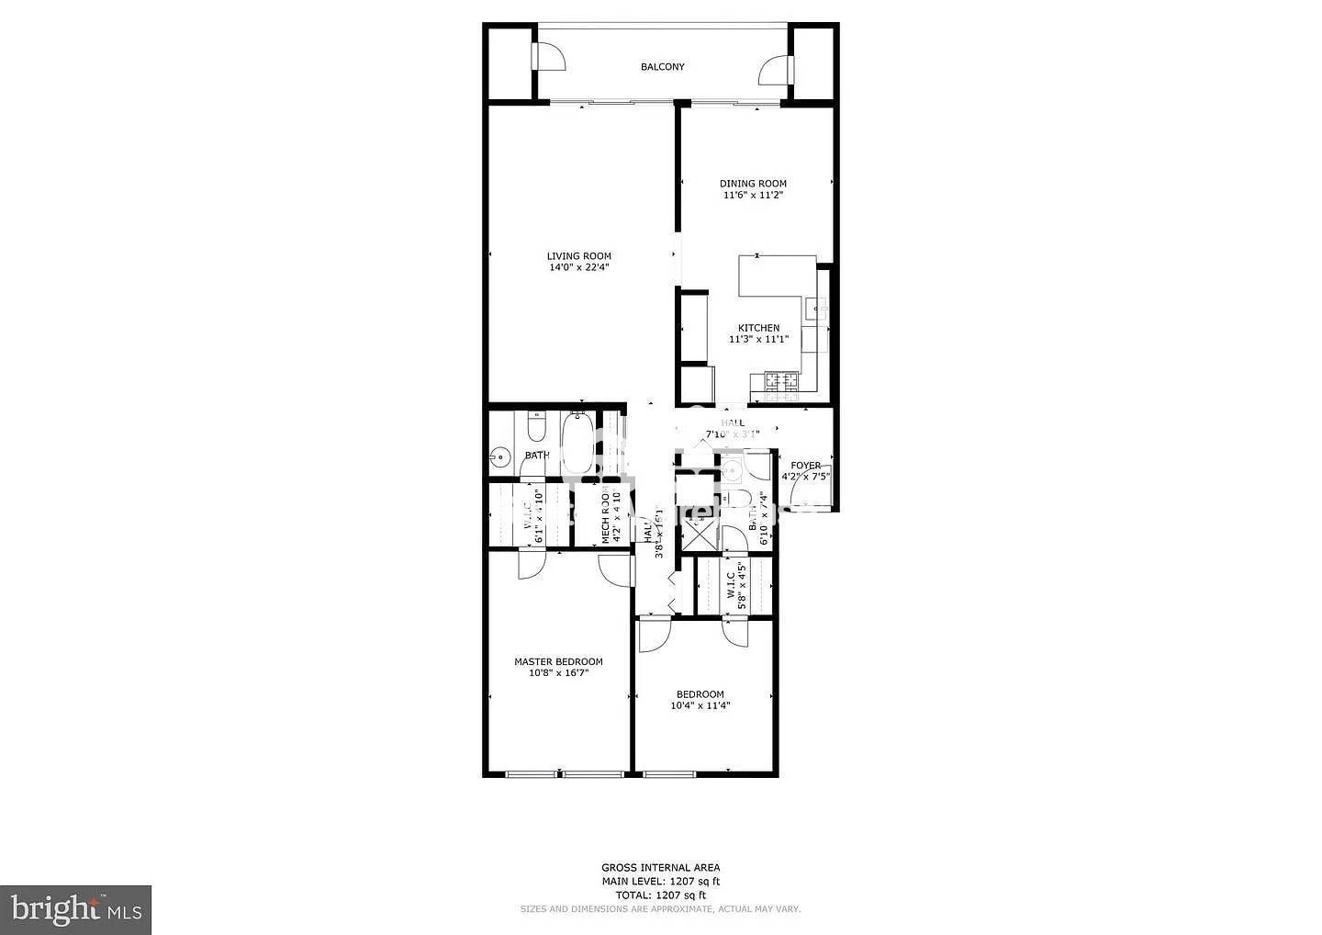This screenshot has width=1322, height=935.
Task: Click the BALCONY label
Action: click(662, 67)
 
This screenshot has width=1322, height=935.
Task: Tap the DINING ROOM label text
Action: click(753, 184)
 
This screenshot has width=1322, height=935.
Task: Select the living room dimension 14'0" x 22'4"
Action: click(578, 268)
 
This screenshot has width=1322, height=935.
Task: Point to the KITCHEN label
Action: click(759, 328)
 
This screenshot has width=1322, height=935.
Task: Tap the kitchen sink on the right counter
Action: click(815, 312)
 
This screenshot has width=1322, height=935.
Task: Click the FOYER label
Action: click(806, 466)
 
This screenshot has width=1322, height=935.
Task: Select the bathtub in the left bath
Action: click(577, 445)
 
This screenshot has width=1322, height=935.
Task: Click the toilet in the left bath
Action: click(537, 427)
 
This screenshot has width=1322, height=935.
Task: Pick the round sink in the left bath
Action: click(501, 456)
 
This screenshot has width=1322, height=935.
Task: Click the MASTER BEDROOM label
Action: click(558, 661)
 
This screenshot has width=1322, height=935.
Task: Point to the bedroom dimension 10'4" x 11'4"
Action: click(700, 706)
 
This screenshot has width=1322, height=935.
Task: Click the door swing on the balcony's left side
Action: click(550, 57)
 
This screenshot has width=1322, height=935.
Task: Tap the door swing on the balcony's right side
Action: click(773, 70)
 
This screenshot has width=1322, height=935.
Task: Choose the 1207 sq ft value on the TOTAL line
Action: click(680, 895)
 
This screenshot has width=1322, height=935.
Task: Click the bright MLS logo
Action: click(75, 909)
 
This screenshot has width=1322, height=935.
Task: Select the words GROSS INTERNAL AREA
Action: click(660, 867)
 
